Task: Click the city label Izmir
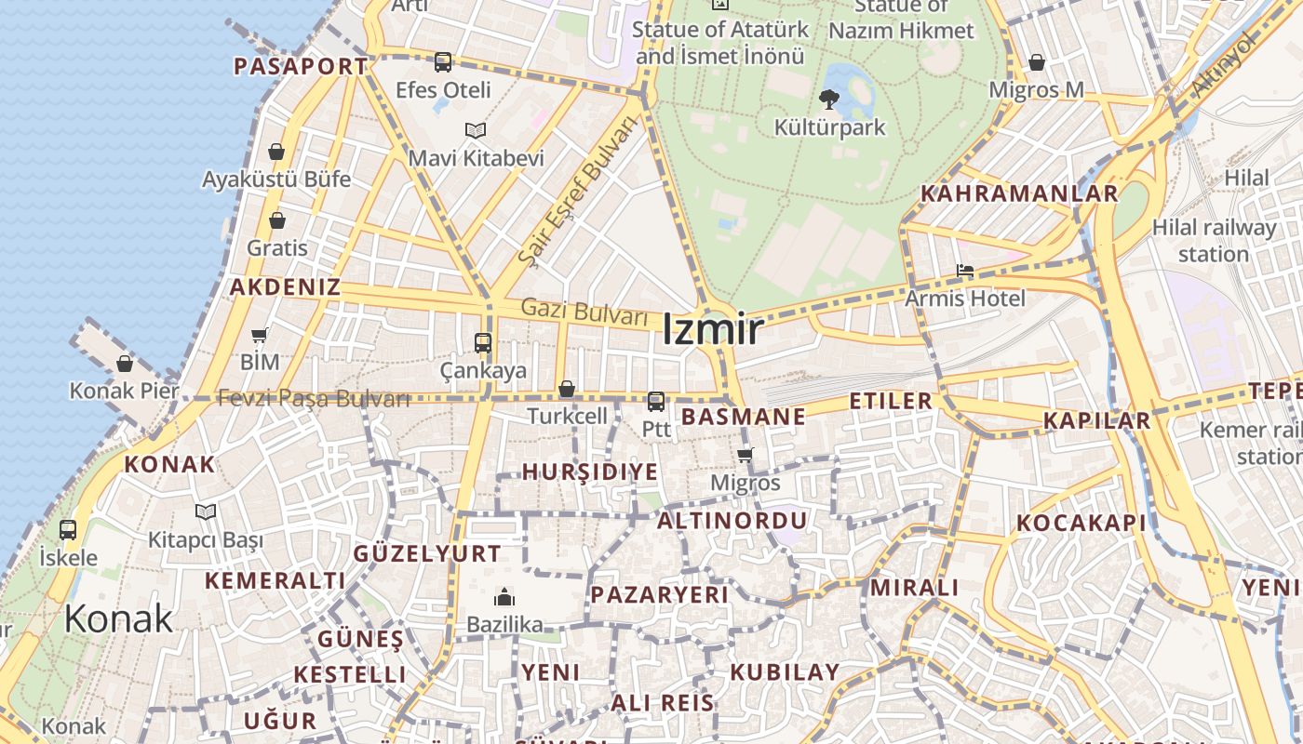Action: [x=713, y=330]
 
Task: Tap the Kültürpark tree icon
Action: [x=828, y=98]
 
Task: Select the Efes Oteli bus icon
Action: [x=443, y=62]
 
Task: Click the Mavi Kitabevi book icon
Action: [x=476, y=130]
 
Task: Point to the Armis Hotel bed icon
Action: [x=965, y=271]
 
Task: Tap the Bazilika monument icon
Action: [x=504, y=596]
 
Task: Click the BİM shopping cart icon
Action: [x=260, y=335]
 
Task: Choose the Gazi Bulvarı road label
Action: [x=584, y=312]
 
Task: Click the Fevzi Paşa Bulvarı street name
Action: [x=314, y=399]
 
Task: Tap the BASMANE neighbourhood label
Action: [x=743, y=417]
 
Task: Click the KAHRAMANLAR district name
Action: [x=1018, y=193]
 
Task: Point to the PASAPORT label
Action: [x=300, y=66]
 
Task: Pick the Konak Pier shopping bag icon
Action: [x=125, y=364]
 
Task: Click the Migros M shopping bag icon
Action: [x=1036, y=62]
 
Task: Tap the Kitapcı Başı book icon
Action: [x=206, y=511]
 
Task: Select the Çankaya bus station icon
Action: [x=482, y=342]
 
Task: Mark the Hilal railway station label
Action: [x=1214, y=240]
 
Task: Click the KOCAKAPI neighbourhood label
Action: [x=1081, y=523]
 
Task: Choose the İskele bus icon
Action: [x=68, y=530]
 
